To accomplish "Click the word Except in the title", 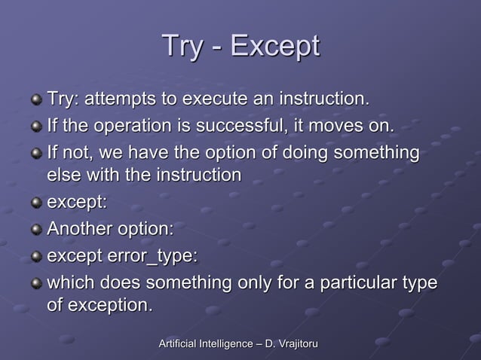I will (x=275, y=47).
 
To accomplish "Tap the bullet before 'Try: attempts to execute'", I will (x=35, y=100).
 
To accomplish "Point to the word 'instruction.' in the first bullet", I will (x=325, y=99).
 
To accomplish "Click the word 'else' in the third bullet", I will (x=63, y=175).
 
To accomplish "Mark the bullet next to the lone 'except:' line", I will (x=35, y=203).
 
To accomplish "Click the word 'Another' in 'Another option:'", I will (x=78, y=228).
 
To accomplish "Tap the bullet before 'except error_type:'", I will (x=35, y=257).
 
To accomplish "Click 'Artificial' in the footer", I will (x=179, y=344).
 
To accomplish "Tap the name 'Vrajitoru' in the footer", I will (x=295, y=344).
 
